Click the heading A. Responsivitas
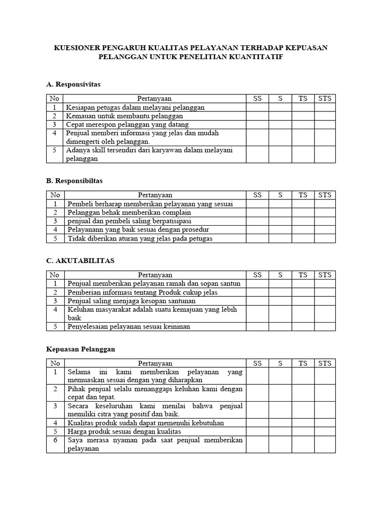pyautogui.click(x=73, y=85)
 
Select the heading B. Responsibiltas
pyautogui.click(x=74, y=181)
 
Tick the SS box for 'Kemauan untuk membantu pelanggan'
pyautogui.click(x=257, y=116)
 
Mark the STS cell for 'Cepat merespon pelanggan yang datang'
pyautogui.click(x=324, y=125)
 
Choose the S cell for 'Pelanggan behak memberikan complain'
pyautogui.click(x=280, y=212)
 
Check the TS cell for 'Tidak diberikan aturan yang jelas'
pyautogui.click(x=303, y=239)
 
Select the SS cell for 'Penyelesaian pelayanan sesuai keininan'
pyautogui.click(x=257, y=327)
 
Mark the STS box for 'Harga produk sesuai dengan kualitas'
pyautogui.click(x=324, y=431)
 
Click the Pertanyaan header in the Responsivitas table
pyautogui.click(x=155, y=98)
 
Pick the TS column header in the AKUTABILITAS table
pyautogui.click(x=303, y=274)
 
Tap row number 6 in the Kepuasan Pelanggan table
pyautogui.click(x=55, y=440)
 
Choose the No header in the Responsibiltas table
pyautogui.click(x=55, y=195)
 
